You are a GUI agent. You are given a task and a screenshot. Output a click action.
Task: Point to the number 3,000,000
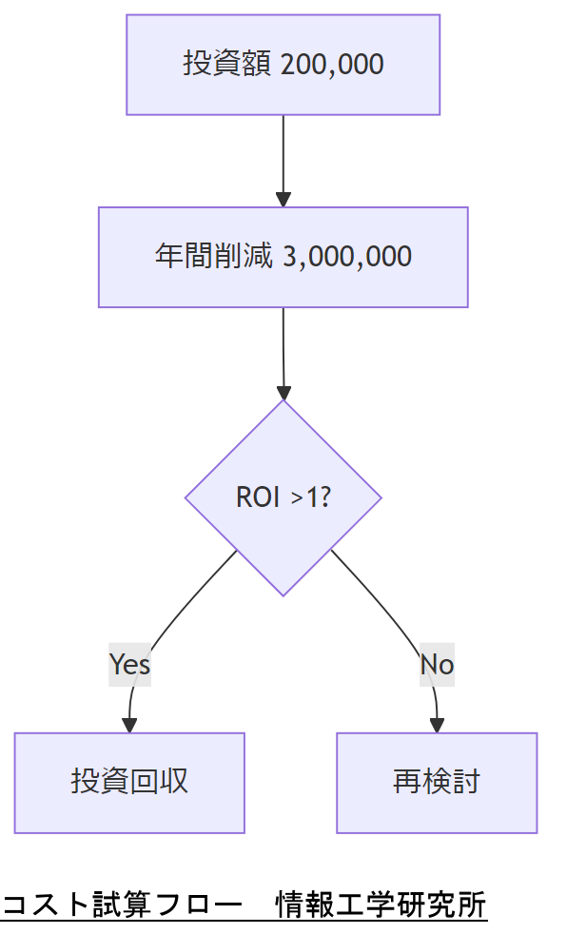point(347,258)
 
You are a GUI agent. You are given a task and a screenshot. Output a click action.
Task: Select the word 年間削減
point(214,258)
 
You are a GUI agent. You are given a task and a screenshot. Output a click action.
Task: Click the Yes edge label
point(129,664)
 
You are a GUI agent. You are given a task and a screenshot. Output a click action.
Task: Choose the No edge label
point(437,664)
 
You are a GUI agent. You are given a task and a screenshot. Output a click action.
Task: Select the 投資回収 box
point(129,783)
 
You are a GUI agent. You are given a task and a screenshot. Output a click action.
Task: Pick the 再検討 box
point(437,783)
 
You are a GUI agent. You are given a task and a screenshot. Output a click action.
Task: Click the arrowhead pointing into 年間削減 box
point(283,200)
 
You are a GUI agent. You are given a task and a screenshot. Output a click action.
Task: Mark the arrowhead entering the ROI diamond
point(283,393)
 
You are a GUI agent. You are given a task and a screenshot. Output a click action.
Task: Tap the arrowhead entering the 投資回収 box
point(129,726)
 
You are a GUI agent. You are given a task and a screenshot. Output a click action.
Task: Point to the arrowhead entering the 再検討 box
point(437,726)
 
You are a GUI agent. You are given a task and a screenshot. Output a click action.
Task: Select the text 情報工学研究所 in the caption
point(381,904)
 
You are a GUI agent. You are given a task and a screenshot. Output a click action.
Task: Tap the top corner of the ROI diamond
point(283,402)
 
